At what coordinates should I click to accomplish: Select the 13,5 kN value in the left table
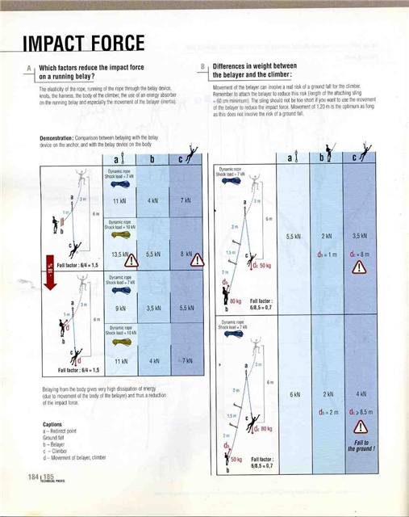pos(119,253)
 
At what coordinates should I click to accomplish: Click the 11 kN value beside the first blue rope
pos(119,200)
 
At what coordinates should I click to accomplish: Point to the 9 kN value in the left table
pos(119,307)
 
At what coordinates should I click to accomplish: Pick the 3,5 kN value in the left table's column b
pos(151,307)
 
